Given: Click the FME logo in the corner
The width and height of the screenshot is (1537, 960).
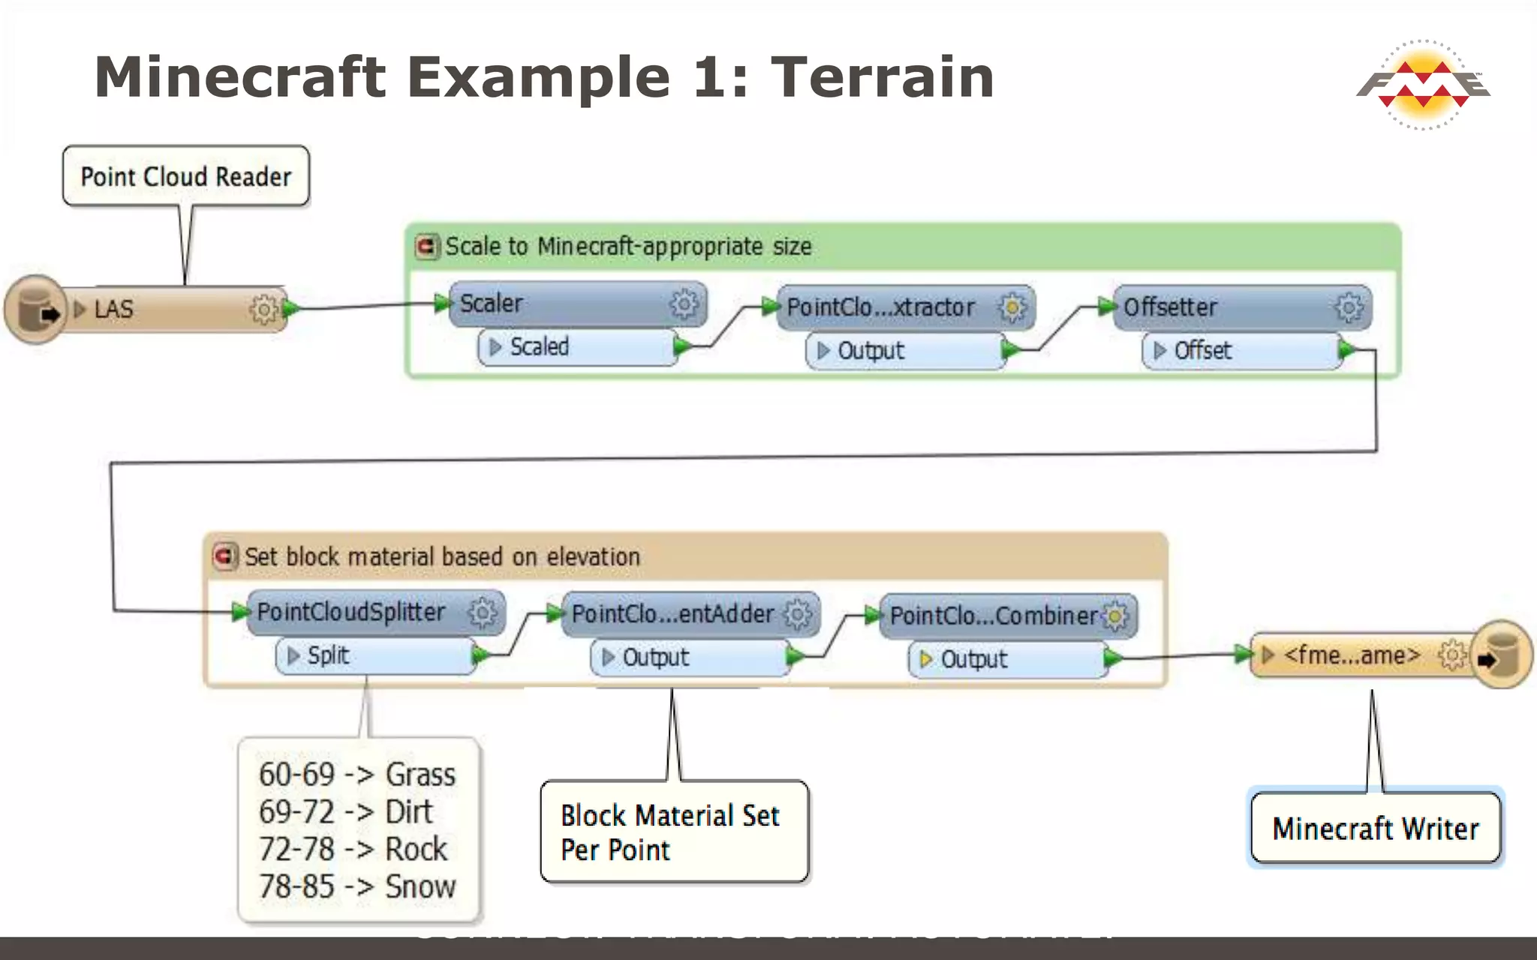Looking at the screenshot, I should pos(1423,84).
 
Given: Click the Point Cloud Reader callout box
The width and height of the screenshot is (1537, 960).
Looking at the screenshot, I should pos(185,176).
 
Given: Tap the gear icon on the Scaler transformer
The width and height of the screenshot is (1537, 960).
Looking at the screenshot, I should pos(683,304).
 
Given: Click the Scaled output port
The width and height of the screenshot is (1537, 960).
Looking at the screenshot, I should pos(578,347).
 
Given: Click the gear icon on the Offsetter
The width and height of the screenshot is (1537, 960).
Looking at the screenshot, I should pos(1348,307).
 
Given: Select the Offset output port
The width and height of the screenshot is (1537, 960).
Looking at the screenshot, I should pos(1242,350).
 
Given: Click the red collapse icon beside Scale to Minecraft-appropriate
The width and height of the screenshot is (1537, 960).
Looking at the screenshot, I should pos(427,246).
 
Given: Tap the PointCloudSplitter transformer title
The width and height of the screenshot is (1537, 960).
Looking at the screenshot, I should pos(351,612).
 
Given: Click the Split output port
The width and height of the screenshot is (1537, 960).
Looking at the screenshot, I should pos(375,656).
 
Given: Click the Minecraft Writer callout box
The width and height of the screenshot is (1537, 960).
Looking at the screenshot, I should pos(1375,829).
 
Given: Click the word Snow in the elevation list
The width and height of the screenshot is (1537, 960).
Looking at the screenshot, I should pos(420,886).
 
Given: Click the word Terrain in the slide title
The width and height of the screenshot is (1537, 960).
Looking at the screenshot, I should pos(883,77).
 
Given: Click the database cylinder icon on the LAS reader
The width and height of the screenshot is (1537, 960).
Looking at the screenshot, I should pos(34,309).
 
